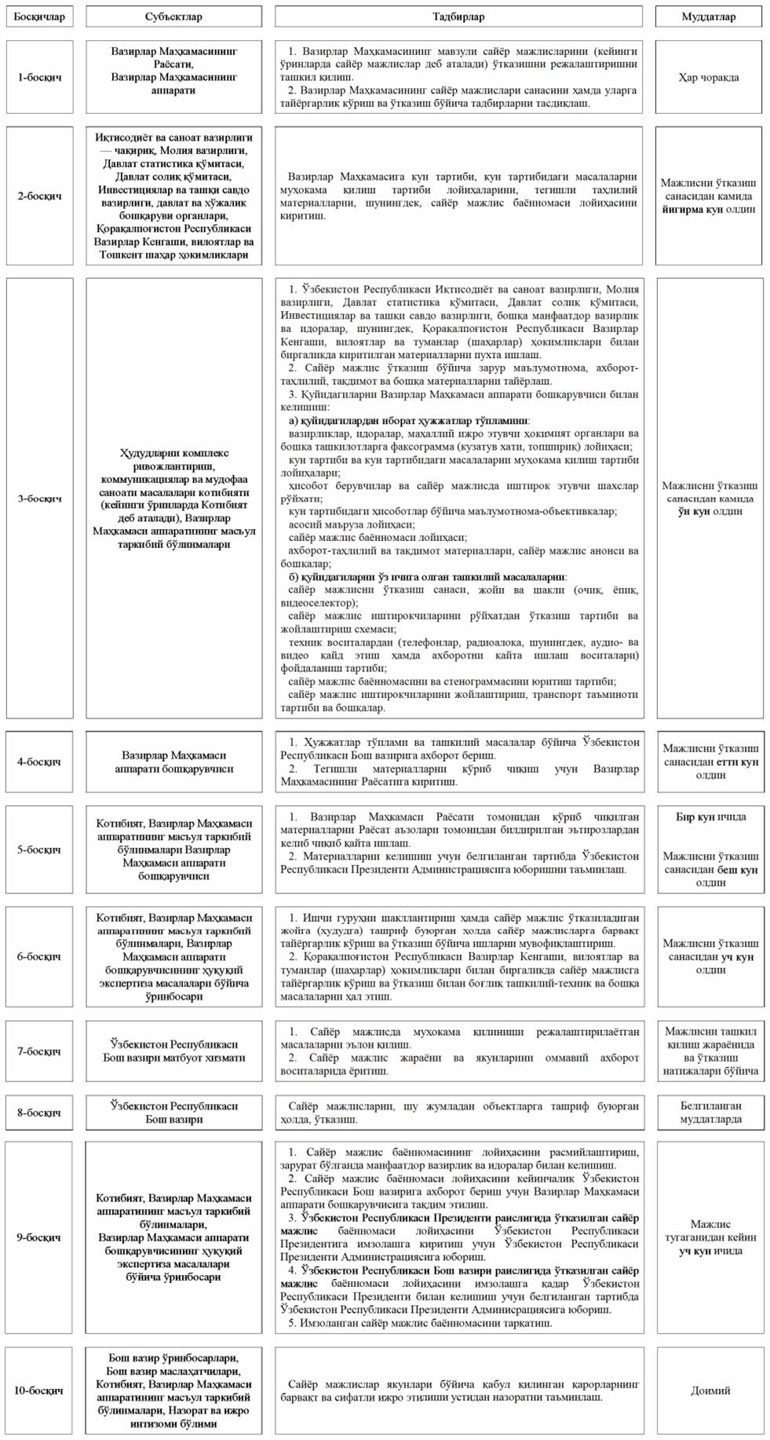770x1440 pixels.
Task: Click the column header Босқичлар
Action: click(39, 16)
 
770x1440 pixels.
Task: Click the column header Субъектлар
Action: click(173, 16)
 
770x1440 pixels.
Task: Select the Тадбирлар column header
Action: click(459, 16)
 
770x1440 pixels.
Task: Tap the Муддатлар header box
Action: click(710, 16)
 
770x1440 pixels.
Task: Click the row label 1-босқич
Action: click(39, 78)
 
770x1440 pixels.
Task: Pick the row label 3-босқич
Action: click(39, 499)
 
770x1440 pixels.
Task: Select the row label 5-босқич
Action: click(39, 850)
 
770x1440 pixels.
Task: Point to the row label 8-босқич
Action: click(39, 1113)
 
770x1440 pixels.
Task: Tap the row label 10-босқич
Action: click(39, 1391)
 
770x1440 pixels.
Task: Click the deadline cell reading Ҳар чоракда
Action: click(710, 78)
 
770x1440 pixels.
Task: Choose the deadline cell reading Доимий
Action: click(710, 1391)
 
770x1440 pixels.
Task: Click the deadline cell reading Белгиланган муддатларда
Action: click(710, 1113)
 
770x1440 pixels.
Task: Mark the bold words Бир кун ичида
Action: click(710, 817)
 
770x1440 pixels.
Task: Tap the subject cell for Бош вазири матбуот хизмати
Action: click(173, 1051)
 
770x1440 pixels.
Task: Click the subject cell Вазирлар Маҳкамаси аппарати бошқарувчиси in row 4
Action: click(173, 762)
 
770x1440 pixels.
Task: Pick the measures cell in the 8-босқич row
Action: click(459, 1113)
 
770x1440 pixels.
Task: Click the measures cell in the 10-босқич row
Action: click(459, 1391)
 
